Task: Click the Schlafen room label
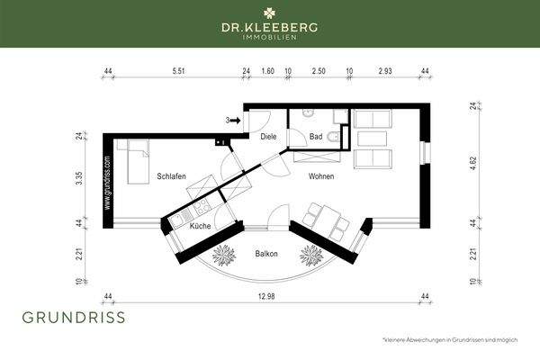(x=171, y=176)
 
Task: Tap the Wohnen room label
(x=319, y=176)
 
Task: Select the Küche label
(x=200, y=226)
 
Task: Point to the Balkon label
(x=266, y=254)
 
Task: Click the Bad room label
(x=315, y=138)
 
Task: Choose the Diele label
(x=268, y=138)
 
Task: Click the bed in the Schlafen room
(x=137, y=162)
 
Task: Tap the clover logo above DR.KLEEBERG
(x=269, y=13)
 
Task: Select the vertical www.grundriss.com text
(x=107, y=183)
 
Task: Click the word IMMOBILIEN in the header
(x=269, y=37)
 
